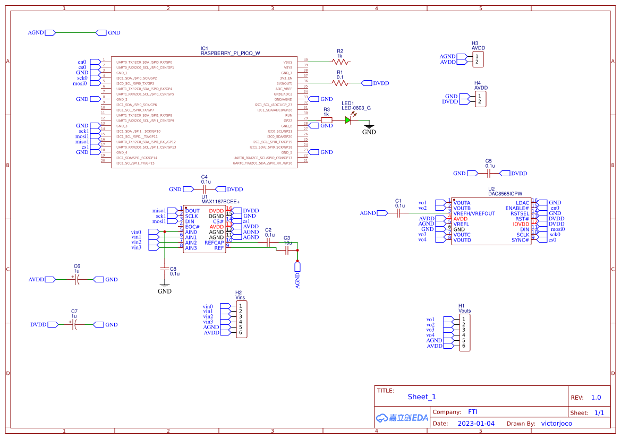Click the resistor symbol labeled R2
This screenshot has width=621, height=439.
pyautogui.click(x=340, y=62)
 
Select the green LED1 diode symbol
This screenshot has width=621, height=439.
pyautogui.click(x=348, y=120)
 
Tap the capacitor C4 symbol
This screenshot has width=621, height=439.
pyautogui.click(x=205, y=189)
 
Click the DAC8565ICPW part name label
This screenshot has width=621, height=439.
pyautogui.click(x=505, y=194)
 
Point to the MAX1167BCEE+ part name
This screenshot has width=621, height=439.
pyautogui.click(x=220, y=202)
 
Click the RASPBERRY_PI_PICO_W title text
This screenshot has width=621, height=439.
pyautogui.click(x=230, y=53)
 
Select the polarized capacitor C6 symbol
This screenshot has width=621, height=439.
pyautogui.click(x=76, y=279)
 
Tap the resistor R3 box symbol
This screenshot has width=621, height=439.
pyautogui.click(x=327, y=120)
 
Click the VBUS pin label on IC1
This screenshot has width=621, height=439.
pyautogui.click(x=288, y=62)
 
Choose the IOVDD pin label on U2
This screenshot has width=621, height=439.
pyautogui.click(x=521, y=224)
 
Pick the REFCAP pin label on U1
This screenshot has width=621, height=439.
pyautogui.click(x=214, y=243)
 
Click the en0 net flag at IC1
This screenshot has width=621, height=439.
pyautogui.click(x=82, y=62)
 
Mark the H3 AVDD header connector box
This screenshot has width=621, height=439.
pyautogui.click(x=479, y=59)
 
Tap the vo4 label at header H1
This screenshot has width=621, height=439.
pyautogui.click(x=430, y=335)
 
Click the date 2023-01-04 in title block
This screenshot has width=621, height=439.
pyautogui.click(x=475, y=424)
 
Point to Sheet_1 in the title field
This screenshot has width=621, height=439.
pyautogui.click(x=422, y=397)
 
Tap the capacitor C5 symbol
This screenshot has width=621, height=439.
pyautogui.click(x=489, y=173)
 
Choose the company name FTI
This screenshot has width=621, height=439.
pyautogui.click(x=472, y=412)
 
